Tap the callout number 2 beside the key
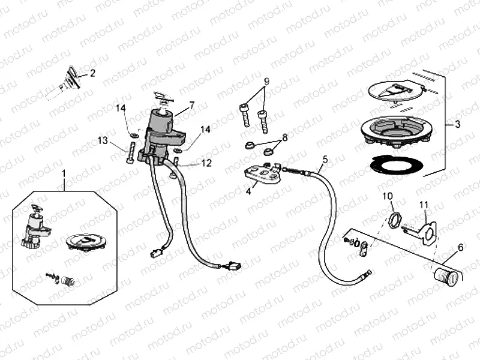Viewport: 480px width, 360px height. pos(92,74)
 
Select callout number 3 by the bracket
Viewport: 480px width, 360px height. pos(457,125)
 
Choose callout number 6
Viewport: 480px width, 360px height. pos(460,247)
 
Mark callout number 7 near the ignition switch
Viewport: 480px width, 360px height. pos(191,106)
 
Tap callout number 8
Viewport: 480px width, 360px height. pos(284,137)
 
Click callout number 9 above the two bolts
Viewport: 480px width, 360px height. pos(266,81)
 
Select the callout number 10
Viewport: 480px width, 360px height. pos(387,196)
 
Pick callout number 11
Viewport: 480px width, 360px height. pos(424,205)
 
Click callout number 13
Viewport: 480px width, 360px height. pos(103,140)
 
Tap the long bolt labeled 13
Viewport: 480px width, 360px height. pos(130,154)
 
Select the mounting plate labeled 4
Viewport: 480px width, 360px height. pos(262,175)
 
